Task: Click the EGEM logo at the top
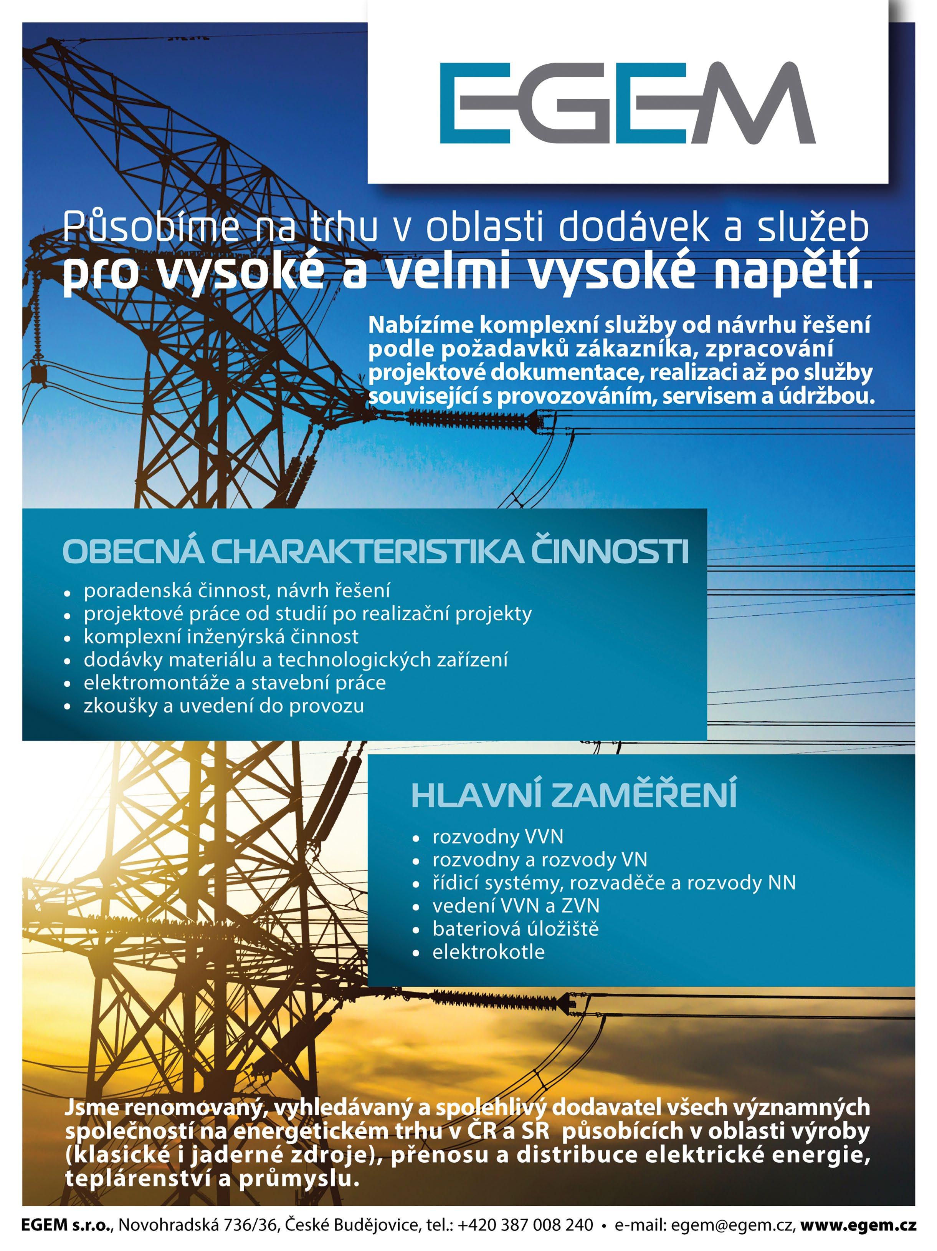[x=627, y=103]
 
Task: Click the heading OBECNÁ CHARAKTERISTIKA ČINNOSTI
[x=375, y=552]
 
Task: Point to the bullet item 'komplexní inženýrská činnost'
[x=221, y=637]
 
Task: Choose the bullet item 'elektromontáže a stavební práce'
[x=235, y=683]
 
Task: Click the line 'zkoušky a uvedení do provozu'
[x=224, y=706]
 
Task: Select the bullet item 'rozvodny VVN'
[x=498, y=837]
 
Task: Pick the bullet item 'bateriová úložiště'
[x=515, y=929]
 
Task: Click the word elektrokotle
[x=488, y=952]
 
